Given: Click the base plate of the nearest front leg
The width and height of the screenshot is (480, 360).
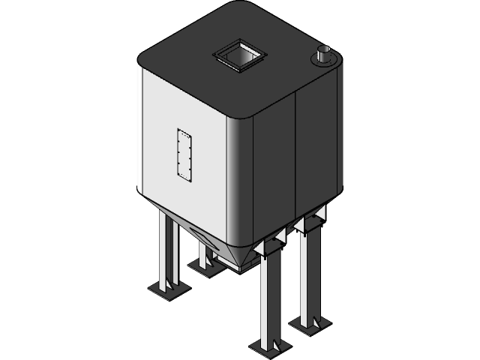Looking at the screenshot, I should (269, 346).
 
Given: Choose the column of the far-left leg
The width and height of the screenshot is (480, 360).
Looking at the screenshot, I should (166, 247).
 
